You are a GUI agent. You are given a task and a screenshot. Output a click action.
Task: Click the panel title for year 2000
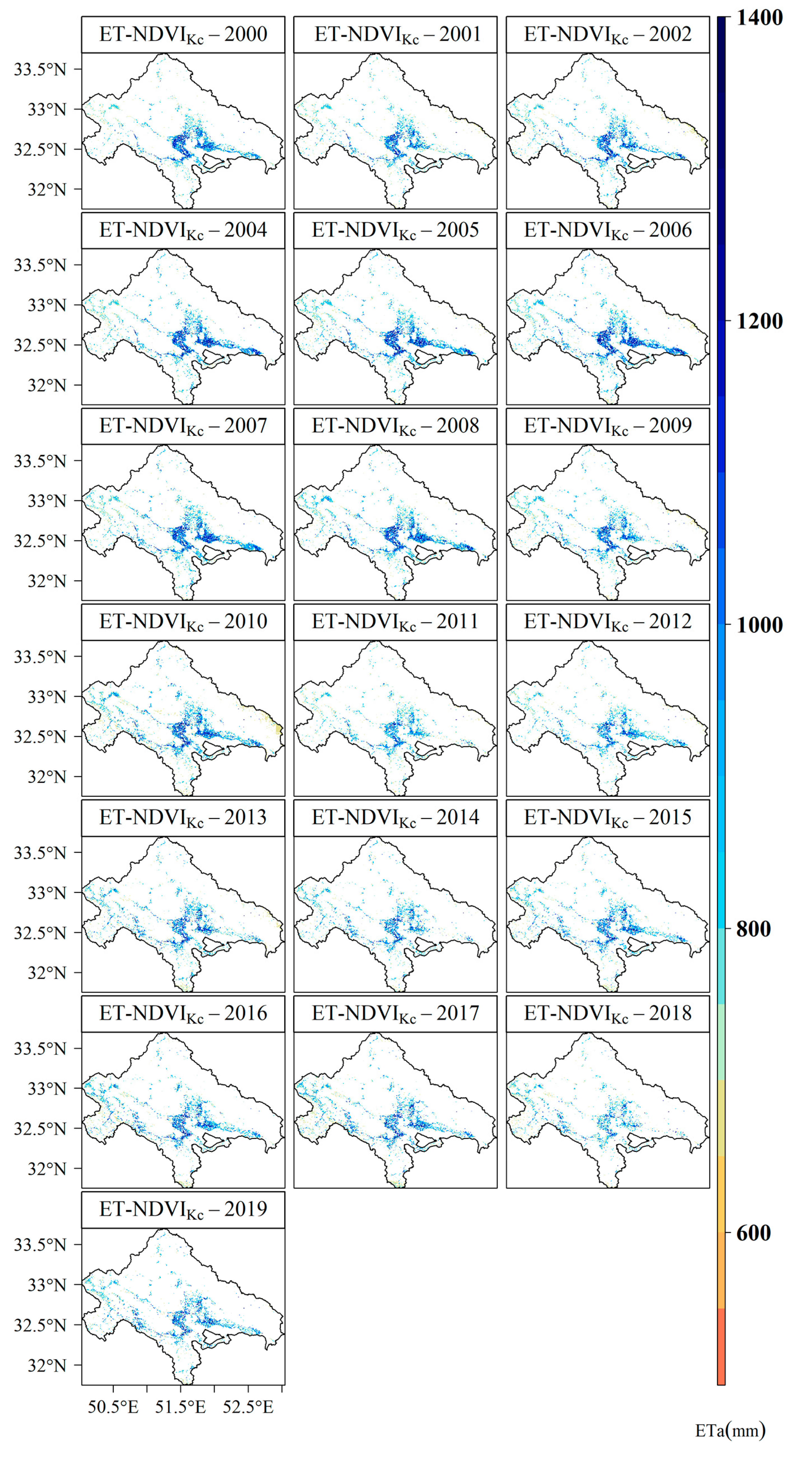183,35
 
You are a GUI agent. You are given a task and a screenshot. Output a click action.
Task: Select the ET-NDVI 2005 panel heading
395,230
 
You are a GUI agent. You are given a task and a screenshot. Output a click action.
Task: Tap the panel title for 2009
607,426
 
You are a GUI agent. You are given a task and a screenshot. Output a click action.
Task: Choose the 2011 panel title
395,622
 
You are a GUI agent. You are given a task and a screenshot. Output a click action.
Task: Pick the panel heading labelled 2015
607,817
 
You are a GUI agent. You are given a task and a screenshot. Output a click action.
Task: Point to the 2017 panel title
395,1013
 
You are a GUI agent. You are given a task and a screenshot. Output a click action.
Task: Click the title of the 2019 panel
183,1209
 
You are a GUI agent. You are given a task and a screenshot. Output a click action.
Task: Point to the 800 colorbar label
753,929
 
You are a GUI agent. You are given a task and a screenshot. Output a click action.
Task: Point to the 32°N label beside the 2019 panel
47,1365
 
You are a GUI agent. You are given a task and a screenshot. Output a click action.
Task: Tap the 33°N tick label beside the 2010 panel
47,697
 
